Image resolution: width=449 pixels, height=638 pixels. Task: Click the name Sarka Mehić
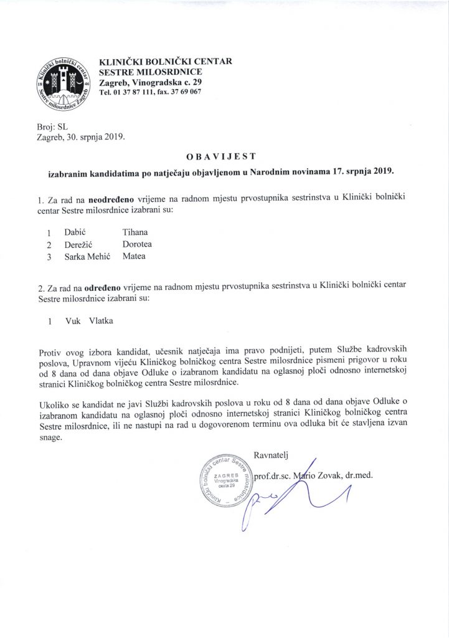87,256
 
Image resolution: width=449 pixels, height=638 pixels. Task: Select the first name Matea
135,256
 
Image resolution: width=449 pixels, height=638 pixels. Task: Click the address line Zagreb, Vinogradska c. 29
150,82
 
